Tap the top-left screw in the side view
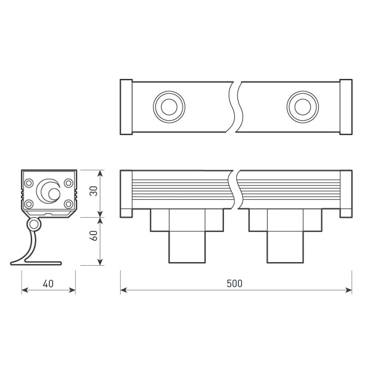pyautogui.click(x=29, y=183)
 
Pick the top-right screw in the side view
pyautogui.click(x=68, y=183)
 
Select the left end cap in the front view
pyautogui.click(x=126, y=193)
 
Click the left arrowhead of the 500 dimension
pyautogui.click(x=123, y=290)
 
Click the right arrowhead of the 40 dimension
pyautogui.click(x=73, y=290)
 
